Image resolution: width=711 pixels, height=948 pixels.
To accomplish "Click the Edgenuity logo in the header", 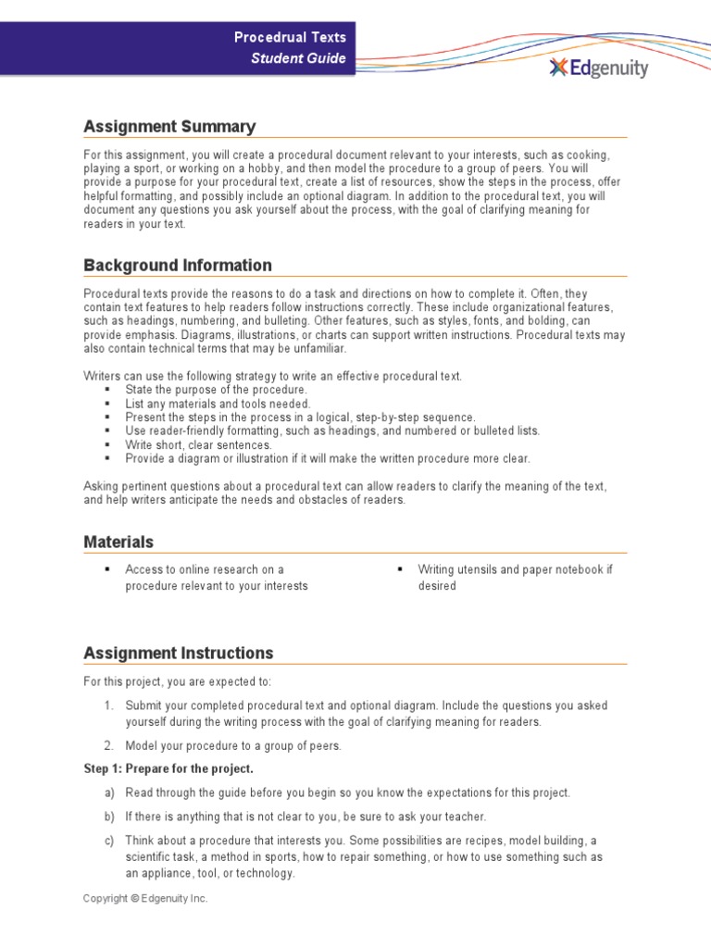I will (x=598, y=68).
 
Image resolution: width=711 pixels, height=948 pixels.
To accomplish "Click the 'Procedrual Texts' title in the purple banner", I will (x=290, y=38).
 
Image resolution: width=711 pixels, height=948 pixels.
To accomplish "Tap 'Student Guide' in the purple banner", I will (x=299, y=58).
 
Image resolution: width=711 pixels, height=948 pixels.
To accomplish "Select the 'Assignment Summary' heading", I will (x=169, y=127).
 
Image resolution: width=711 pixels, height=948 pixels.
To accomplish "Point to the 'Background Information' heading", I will (x=178, y=266).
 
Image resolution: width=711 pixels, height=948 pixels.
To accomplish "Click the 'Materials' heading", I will (x=118, y=542).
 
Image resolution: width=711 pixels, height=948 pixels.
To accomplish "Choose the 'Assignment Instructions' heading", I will (x=179, y=653).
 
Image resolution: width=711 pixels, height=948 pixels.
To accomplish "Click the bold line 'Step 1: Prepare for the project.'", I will (x=168, y=769).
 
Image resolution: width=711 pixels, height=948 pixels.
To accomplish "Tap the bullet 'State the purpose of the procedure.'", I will (x=217, y=390).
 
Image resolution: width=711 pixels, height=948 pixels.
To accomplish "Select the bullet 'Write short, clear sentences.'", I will (x=199, y=444).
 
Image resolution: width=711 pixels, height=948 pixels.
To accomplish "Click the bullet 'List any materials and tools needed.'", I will (x=218, y=404).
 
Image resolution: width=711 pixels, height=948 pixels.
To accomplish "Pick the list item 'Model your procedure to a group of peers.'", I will (x=233, y=745).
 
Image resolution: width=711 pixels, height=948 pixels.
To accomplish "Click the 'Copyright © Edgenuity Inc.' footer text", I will (x=145, y=898).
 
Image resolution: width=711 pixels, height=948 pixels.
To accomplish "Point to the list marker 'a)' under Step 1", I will (x=109, y=793).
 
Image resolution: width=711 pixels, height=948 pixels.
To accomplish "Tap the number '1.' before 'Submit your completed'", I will (x=108, y=705).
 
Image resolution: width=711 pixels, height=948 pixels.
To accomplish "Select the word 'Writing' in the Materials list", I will (x=436, y=569).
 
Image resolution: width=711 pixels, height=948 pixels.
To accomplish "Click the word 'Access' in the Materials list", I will (x=143, y=569).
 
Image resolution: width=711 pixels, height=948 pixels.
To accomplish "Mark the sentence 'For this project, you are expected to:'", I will (x=178, y=682).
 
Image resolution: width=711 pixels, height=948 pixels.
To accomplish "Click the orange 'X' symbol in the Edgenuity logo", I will (x=557, y=68).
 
